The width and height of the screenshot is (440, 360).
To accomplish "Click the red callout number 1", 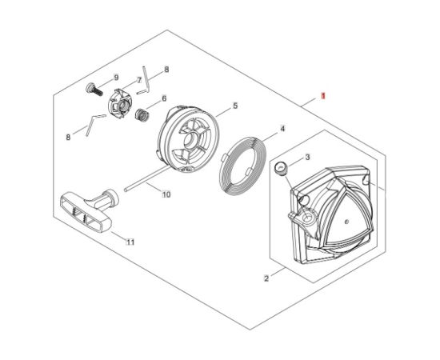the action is tap(323, 96).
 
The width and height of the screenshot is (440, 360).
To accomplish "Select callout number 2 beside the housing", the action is tap(266, 278).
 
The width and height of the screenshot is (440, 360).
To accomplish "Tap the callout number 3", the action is tap(307, 157).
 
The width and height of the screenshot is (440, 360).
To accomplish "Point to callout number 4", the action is tap(282, 129).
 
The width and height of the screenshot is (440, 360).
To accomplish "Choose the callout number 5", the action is tap(235, 106).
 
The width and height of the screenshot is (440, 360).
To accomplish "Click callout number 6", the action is tap(164, 98).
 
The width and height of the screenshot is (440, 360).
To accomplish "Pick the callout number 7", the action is tap(139, 80).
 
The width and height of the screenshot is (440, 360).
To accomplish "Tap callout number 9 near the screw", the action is tap(116, 78).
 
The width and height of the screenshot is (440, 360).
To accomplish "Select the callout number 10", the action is tap(166, 194).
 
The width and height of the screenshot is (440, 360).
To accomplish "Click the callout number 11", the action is tap(130, 242).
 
